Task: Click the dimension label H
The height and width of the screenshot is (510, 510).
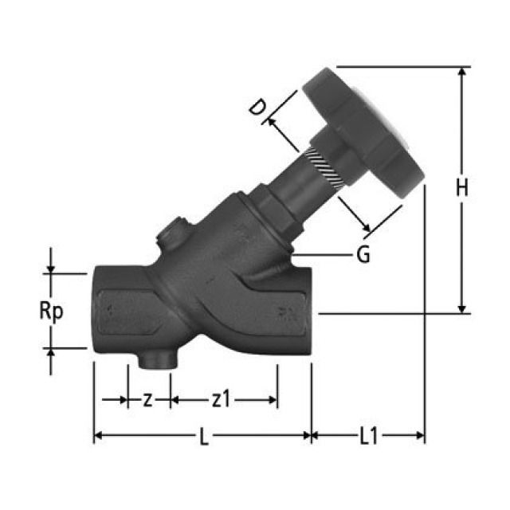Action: coord(461,188)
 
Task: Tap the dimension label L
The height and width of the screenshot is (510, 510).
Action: coord(204,437)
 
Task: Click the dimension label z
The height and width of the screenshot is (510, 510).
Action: coord(147,399)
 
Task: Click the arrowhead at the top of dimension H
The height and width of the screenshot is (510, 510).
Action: coord(461,72)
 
